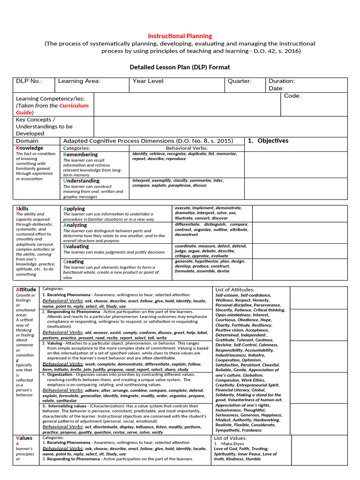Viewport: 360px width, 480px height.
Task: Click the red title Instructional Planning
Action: pos(180,36)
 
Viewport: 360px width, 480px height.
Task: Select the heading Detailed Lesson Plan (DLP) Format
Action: pos(180,67)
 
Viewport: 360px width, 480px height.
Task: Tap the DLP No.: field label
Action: pos(29,81)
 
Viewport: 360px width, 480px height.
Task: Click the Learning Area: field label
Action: pos(79,81)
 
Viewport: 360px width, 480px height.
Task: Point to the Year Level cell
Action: pos(148,81)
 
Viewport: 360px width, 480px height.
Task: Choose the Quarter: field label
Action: pos(240,81)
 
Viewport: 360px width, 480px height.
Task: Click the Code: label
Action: pos(292,96)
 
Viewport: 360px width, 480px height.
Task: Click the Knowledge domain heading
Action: pos(30,148)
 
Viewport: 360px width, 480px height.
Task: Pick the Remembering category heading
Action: pos(81,154)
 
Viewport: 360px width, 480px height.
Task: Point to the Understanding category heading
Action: pos(82,180)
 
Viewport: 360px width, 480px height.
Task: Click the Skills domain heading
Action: pos(22,209)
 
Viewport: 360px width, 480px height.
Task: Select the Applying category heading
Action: pos(74,209)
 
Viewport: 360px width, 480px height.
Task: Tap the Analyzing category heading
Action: pos(75,225)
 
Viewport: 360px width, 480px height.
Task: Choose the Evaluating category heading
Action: pos(76,246)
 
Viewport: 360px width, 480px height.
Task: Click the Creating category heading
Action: pos(74,262)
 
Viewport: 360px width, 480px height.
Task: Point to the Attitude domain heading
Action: pos(26,289)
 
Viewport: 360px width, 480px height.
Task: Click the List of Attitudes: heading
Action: pos(235,290)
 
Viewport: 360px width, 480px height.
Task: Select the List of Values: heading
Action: pos(230,438)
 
